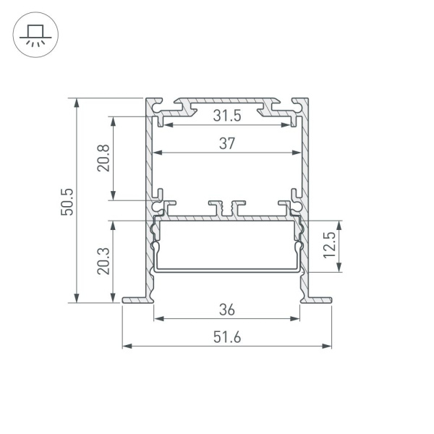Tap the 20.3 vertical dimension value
(103, 260)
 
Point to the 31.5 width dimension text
(227, 115)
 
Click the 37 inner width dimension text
(227, 144)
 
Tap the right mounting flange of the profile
(318, 298)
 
